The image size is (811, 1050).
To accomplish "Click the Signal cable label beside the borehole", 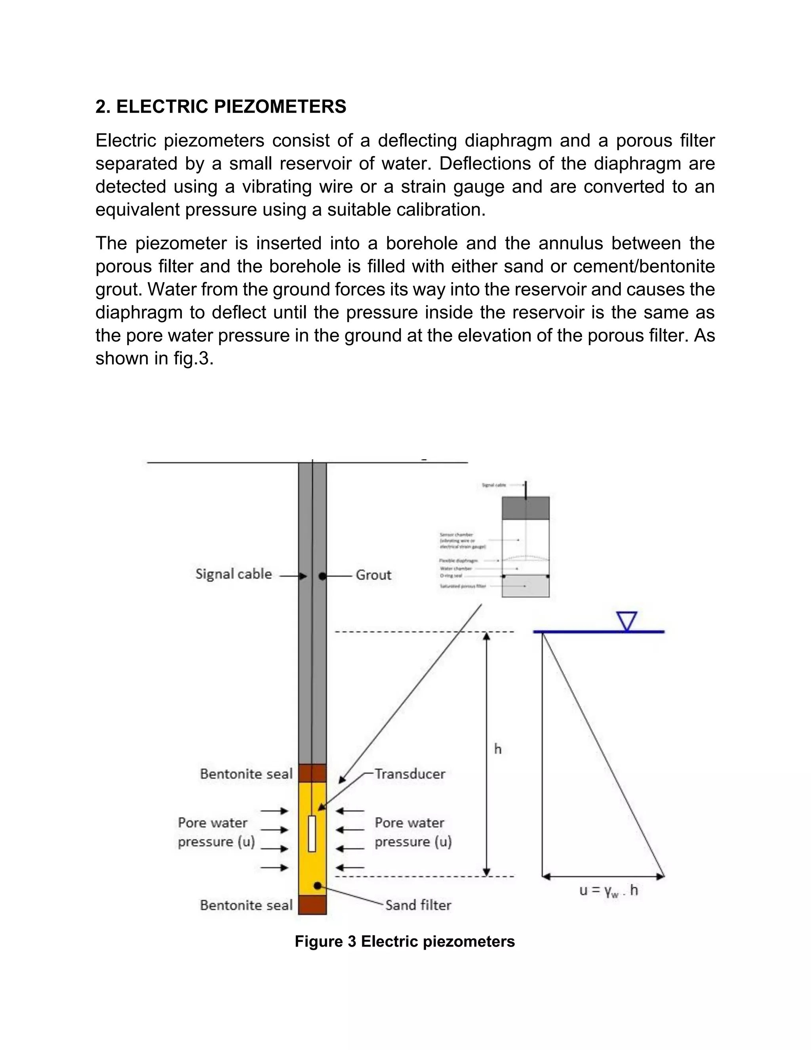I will coord(234,574).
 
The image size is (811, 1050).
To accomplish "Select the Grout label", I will coord(373,575).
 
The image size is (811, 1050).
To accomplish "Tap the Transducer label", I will coord(410,773).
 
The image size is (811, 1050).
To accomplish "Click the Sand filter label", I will coord(418,905).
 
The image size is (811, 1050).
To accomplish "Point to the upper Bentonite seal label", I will coord(246,773).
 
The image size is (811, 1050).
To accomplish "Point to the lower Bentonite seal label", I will coord(246,905).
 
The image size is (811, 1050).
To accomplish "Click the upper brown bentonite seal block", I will coord(312,773).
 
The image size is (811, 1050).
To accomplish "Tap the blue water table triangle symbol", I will coord(627,620).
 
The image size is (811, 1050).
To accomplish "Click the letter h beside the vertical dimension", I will coord(498,749).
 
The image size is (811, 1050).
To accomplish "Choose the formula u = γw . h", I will coord(609,890).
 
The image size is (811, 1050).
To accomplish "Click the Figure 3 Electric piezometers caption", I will coord(405,941).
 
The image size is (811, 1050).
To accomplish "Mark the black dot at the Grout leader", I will coord(322,575).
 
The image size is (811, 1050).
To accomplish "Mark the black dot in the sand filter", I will coord(317,886).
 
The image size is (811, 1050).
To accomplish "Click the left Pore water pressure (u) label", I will coord(216,832).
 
